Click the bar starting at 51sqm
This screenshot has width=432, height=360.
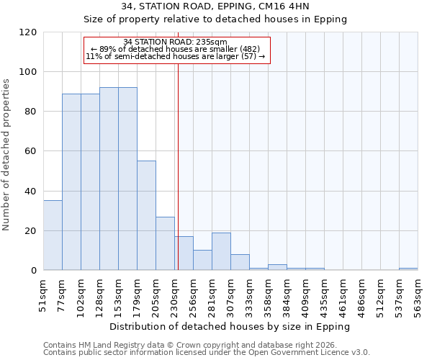point(53,235)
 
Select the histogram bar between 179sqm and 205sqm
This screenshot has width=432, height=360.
point(146,215)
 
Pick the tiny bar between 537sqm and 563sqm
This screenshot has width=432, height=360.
point(408,269)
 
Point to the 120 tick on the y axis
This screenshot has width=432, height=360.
point(28,32)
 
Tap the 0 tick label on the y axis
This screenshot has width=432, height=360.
point(34,271)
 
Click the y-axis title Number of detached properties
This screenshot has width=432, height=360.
point(6,155)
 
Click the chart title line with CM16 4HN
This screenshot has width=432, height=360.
point(215,6)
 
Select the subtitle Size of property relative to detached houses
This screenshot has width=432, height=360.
point(215,19)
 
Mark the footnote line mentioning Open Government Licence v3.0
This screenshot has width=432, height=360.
point(207,352)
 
